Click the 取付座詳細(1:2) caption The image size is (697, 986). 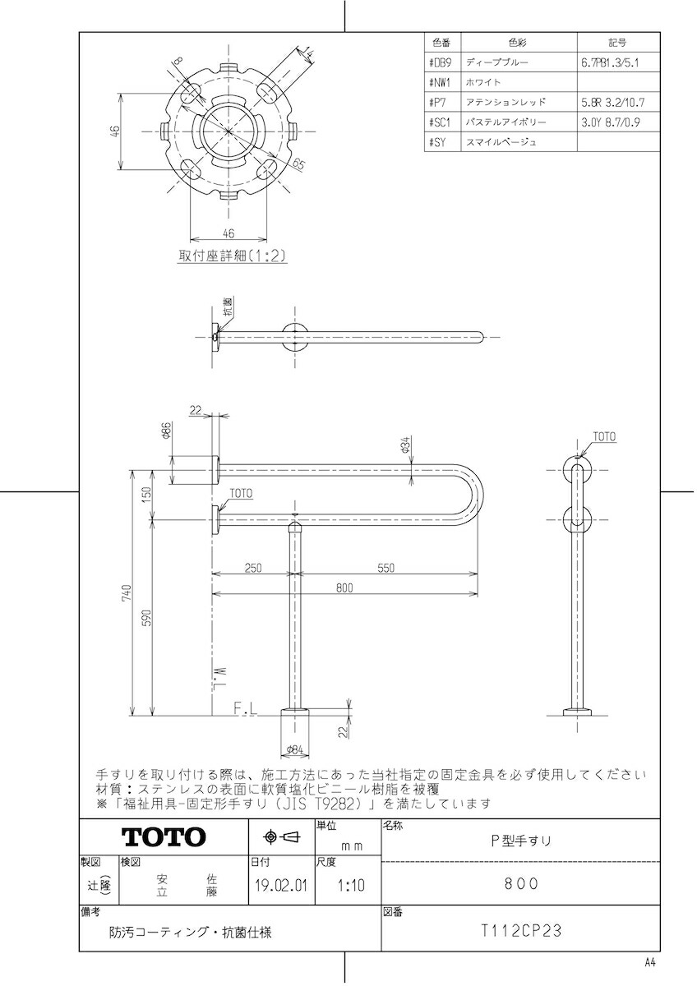tap(232, 255)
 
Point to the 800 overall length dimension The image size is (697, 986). tap(345, 587)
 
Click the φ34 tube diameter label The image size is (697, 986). tap(406, 446)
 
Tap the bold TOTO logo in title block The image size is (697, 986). tap(164, 837)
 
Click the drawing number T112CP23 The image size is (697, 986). tap(521, 931)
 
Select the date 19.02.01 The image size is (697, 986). tap(279, 886)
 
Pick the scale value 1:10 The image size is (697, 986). tap(348, 886)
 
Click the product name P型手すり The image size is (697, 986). tap(521, 840)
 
